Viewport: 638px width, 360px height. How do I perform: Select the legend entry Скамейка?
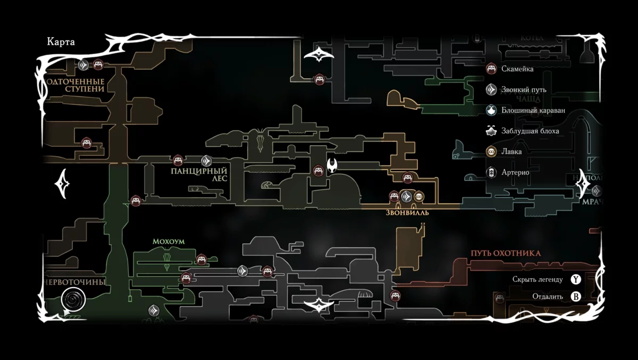coord(517,69)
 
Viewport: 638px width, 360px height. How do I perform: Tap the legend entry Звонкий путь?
coord(523,90)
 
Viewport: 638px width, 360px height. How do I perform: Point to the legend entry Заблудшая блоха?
coord(530,131)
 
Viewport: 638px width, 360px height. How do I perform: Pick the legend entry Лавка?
coord(511,152)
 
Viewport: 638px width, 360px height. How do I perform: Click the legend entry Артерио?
coord(515,172)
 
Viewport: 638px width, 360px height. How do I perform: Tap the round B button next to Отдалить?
coord(576,297)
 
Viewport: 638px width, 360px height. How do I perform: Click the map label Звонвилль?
coord(407,212)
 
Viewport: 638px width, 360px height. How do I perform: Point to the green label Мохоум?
coord(169,241)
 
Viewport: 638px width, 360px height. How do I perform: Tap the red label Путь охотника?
coord(505,253)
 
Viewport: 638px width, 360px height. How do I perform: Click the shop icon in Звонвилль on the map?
coord(419,197)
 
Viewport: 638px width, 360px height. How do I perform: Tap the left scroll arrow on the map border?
coord(63,183)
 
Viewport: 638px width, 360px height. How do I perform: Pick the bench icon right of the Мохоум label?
coord(201,259)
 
